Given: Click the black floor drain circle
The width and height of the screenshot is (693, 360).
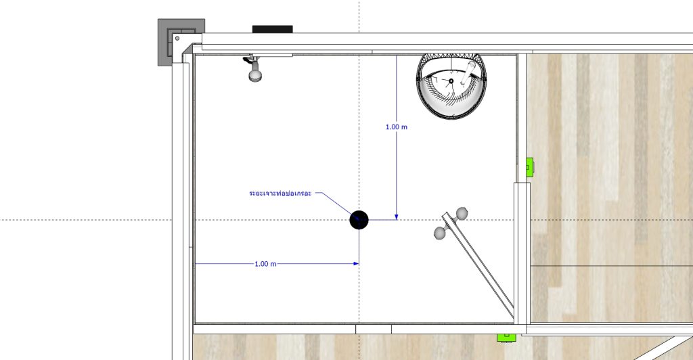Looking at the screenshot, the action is pyautogui.click(x=359, y=220).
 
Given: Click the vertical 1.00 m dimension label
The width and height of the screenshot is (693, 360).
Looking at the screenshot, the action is pyautogui.click(x=397, y=127).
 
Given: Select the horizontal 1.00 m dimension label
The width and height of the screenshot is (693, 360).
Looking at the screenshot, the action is pyautogui.click(x=265, y=264).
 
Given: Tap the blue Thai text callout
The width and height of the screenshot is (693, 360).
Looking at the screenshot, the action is pyautogui.click(x=280, y=194).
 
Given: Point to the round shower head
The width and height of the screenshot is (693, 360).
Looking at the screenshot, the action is pyautogui.click(x=255, y=75).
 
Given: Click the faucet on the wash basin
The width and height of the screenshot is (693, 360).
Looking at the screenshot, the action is pyautogui.click(x=467, y=73).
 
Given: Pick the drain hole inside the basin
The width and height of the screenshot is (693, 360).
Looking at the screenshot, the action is pyautogui.click(x=451, y=81).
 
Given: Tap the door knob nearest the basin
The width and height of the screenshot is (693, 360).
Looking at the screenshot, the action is pyautogui.click(x=462, y=214).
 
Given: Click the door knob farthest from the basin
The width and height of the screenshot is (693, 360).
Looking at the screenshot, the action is pyautogui.click(x=440, y=233).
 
